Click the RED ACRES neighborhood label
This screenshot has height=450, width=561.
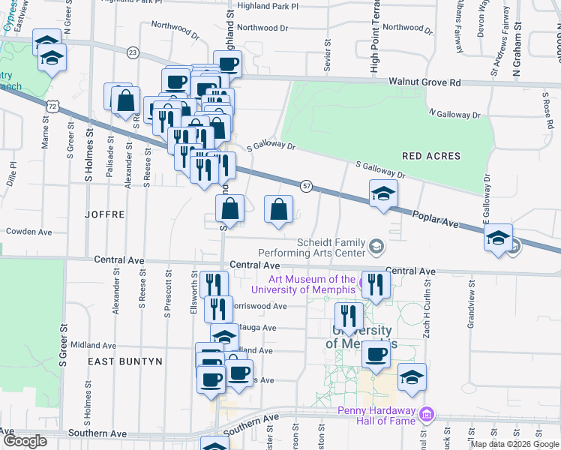pyautogui.click(x=430, y=156)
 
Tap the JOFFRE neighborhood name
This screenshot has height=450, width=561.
pyautogui.click(x=104, y=214)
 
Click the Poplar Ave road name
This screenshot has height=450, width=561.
pyautogui.click(x=435, y=218)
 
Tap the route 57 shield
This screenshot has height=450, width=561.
pyautogui.click(x=306, y=185)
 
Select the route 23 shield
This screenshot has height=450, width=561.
pyautogui.click(x=133, y=52)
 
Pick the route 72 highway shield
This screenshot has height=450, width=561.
pyautogui.click(x=52, y=106)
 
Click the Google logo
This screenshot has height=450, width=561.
pyautogui.click(x=24, y=441)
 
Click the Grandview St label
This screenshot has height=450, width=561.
pyautogui.click(x=471, y=302)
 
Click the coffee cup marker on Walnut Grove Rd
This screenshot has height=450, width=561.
pyautogui.click(x=228, y=64)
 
